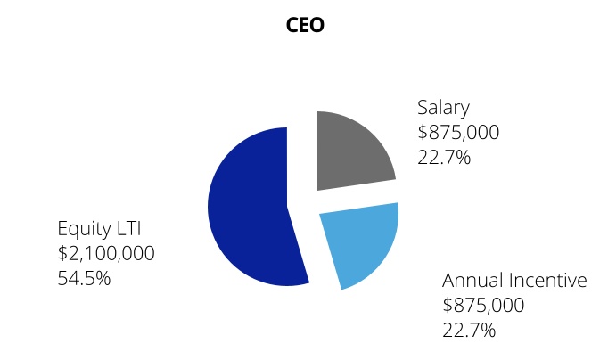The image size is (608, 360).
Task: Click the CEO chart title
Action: point(304,25)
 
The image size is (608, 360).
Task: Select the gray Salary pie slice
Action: point(353,150)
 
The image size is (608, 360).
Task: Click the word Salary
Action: point(443,108)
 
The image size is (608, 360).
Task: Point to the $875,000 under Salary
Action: point(458,133)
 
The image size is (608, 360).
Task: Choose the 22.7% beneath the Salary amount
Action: point(444,158)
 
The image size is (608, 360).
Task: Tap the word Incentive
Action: point(548,281)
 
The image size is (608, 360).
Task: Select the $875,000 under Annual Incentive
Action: point(483,306)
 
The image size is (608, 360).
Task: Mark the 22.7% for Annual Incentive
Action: point(469,331)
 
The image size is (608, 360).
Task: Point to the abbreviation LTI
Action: point(129,229)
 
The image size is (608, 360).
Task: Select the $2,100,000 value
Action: point(105,254)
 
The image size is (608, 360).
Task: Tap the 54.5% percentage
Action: point(84,279)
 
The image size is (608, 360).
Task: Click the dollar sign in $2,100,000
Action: point(62,254)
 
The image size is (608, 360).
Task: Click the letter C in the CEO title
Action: point(292,25)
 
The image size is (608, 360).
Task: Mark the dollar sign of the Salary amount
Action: point(423,133)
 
